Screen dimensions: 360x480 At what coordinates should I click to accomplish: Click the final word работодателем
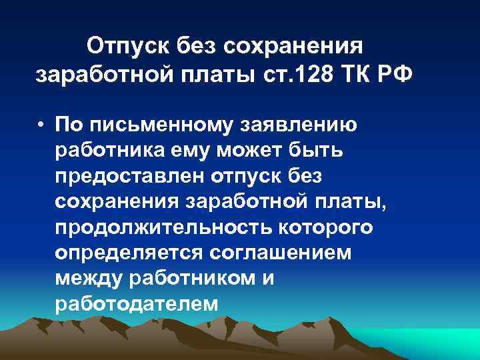136,305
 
